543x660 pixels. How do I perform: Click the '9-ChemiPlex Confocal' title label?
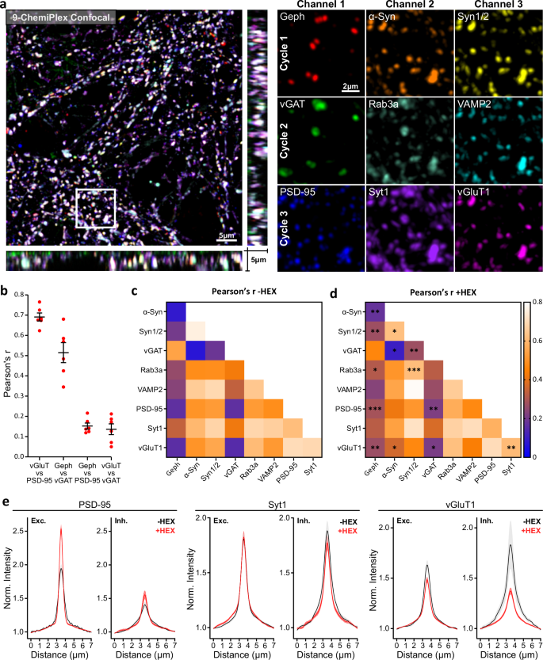(62, 16)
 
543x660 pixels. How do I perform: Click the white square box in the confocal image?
(96, 208)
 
